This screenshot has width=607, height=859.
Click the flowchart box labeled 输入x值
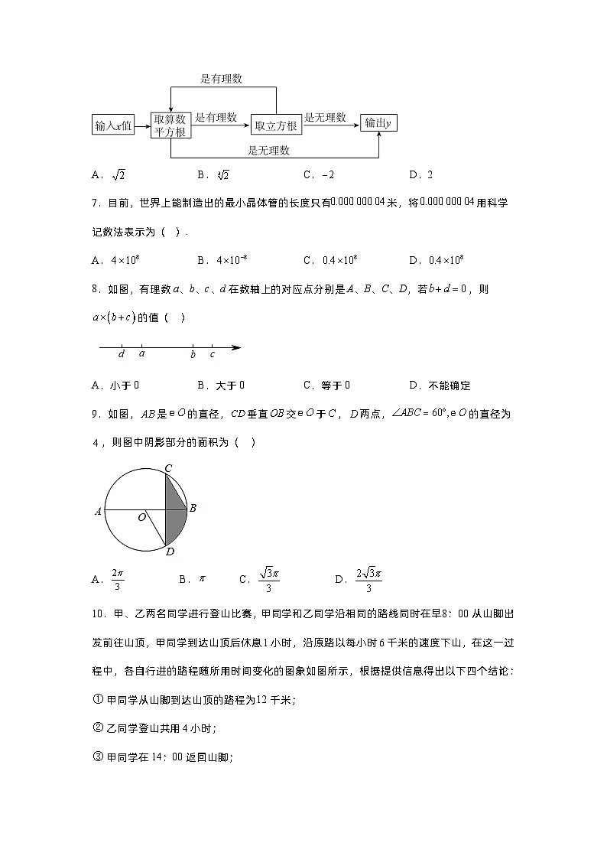tap(113, 125)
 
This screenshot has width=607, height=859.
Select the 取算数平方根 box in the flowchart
tap(170, 125)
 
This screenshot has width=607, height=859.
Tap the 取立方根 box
tap(275, 125)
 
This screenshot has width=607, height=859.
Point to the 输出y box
tap(379, 123)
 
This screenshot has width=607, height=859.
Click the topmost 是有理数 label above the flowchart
tap(221, 79)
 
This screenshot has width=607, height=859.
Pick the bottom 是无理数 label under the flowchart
tap(268, 150)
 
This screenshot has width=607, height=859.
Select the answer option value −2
tap(328, 175)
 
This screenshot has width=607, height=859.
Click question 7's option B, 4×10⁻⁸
tap(232, 260)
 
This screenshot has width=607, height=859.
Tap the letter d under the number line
tap(122, 354)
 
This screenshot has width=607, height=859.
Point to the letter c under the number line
tap(212, 354)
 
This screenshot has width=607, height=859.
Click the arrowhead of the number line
tap(236, 347)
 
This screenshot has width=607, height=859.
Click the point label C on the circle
tap(167, 467)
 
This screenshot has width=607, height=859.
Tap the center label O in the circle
tap(141, 518)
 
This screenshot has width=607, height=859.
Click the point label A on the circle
tap(98, 511)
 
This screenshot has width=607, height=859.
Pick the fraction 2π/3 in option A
tap(117, 579)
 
